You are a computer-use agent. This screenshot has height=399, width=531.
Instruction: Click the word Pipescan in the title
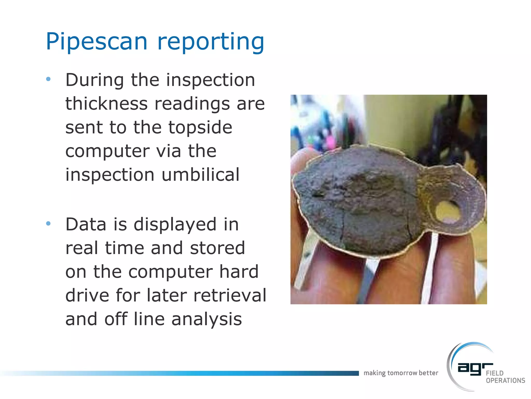click(96, 42)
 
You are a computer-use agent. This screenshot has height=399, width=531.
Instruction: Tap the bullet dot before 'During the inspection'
click(48, 79)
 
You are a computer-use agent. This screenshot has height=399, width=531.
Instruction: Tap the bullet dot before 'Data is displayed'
click(48, 224)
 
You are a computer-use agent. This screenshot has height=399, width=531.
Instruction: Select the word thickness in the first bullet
click(106, 103)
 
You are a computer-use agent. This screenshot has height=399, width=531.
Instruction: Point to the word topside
click(200, 127)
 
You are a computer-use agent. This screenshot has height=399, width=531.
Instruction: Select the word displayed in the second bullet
click(175, 224)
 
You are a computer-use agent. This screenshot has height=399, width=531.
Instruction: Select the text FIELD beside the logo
click(494, 373)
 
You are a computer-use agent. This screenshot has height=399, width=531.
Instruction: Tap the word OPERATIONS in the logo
click(505, 381)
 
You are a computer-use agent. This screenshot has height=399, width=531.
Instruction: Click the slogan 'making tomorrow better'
click(401, 373)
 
